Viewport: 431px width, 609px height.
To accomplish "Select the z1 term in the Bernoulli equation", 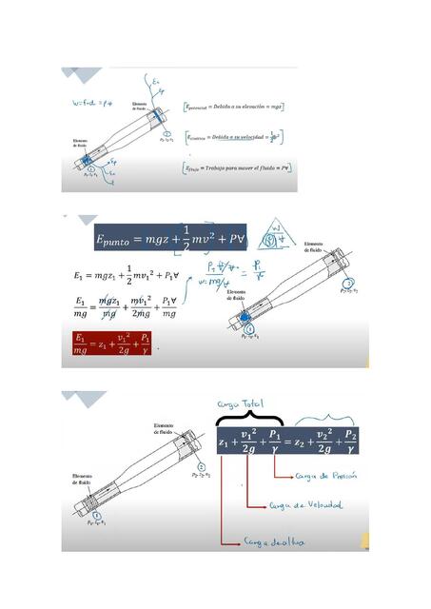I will point(225,443).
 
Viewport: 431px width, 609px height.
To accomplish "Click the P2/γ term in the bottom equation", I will point(351,443).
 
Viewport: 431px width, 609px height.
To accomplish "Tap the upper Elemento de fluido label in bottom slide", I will point(167,427).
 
